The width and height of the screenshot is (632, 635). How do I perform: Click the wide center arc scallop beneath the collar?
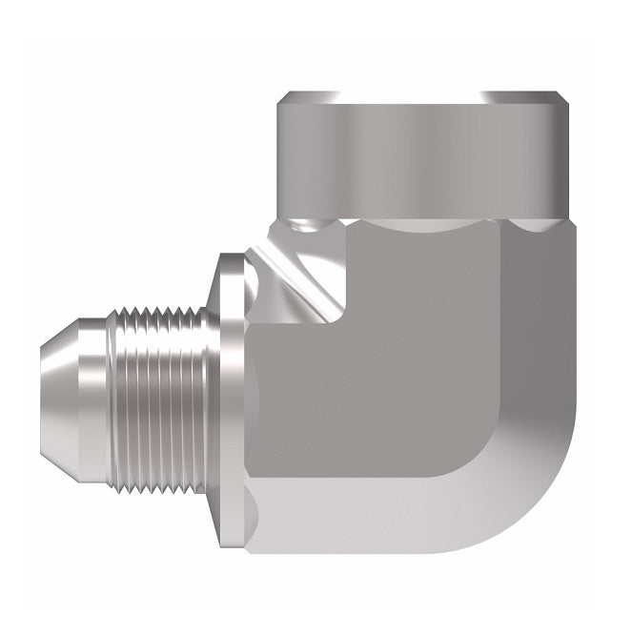pos(419,224)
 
